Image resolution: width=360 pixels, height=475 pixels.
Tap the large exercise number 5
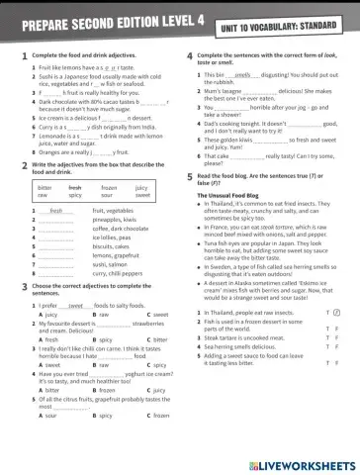(x=189, y=174)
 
